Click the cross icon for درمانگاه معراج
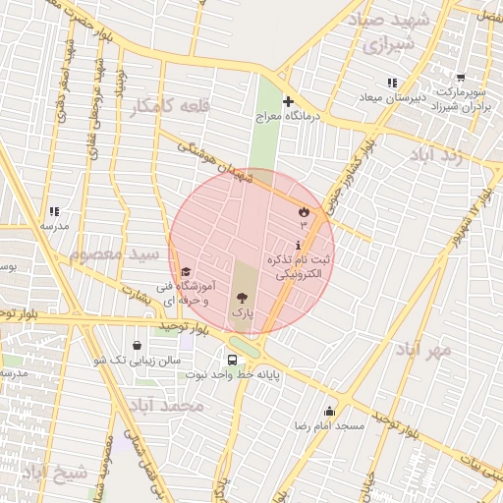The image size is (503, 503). click(x=288, y=101)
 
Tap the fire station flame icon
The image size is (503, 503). click(x=303, y=211)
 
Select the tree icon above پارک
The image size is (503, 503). click(x=242, y=297)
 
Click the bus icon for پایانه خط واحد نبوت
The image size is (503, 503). click(x=232, y=360)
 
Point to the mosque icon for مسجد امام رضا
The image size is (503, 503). click(x=329, y=412)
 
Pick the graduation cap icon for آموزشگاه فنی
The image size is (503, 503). click(x=186, y=272)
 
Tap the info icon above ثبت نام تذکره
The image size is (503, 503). click(x=299, y=245)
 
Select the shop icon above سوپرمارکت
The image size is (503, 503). click(x=461, y=78)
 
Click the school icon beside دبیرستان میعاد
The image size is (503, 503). click(x=392, y=83)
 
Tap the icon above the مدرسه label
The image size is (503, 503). click(x=53, y=211)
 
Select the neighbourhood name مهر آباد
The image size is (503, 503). click(x=423, y=349)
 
